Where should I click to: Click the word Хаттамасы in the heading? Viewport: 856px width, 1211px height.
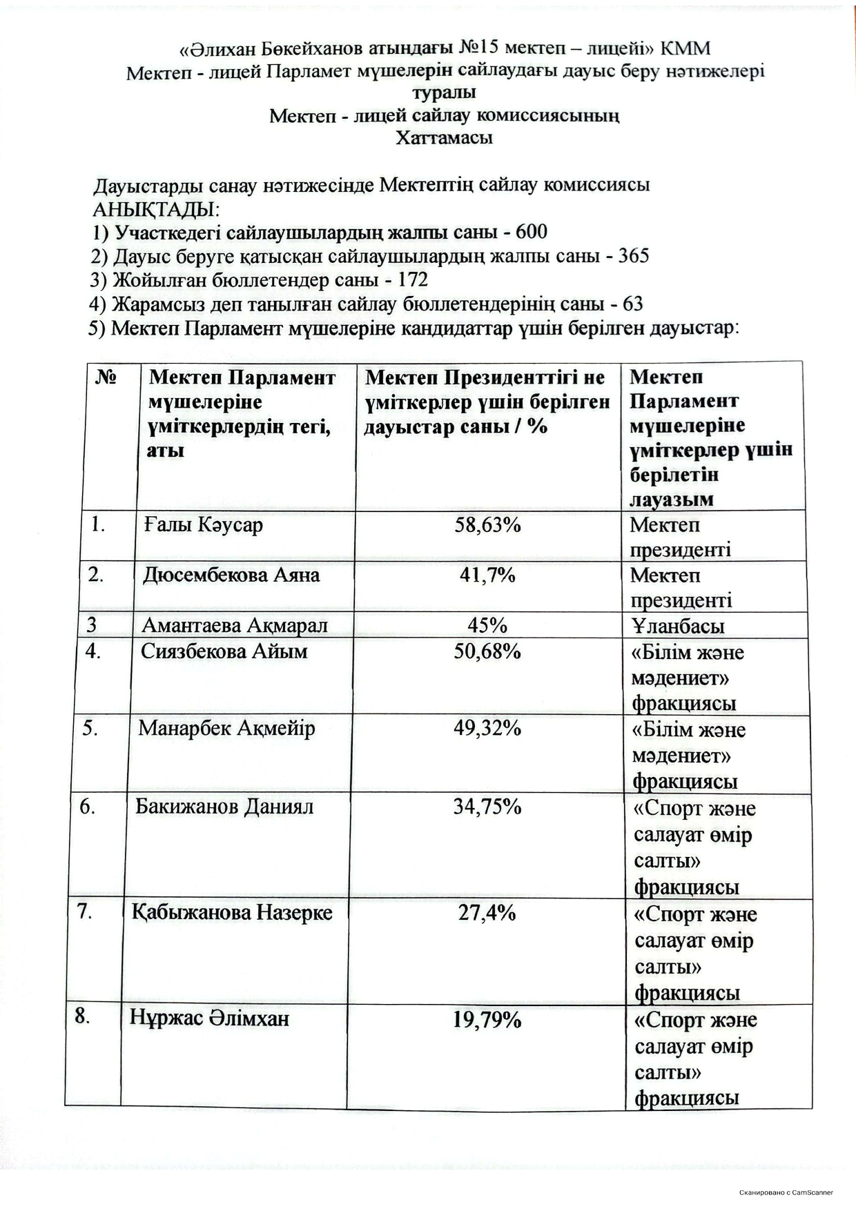[444, 137]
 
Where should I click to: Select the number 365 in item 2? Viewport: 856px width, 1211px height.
[633, 256]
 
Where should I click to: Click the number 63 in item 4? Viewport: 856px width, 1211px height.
[632, 304]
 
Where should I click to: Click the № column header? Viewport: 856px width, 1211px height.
[106, 377]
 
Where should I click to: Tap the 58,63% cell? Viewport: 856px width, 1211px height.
[487, 525]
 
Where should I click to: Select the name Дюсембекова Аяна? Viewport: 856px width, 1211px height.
[231, 575]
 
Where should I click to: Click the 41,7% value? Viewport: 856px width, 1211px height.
[487, 575]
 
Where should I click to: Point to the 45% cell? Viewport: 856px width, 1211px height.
[487, 625]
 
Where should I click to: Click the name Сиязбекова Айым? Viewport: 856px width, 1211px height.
[224, 651]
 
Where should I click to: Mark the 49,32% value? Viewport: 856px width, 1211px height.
[487, 728]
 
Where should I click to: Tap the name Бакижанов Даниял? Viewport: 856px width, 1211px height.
[224, 807]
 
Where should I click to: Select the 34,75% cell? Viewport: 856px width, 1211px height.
[487, 807]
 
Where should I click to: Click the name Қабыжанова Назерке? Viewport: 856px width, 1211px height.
[232, 913]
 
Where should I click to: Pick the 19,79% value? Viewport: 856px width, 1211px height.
[487, 1019]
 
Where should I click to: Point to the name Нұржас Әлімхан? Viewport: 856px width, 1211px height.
[209, 1018]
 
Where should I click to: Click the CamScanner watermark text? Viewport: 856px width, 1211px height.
[786, 1192]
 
